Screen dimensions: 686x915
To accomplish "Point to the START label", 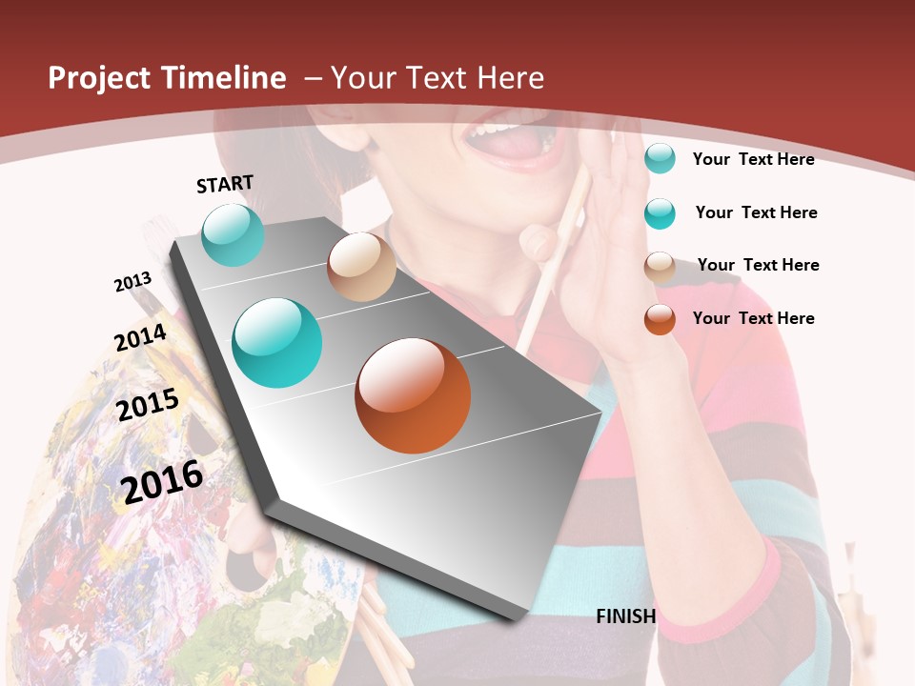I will tap(225, 184).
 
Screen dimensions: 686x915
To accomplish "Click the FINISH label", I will tap(626, 616).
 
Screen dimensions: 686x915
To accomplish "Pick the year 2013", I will tap(132, 282).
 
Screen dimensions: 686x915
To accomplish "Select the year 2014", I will tap(141, 337).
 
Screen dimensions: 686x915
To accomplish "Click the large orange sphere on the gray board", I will tap(413, 395).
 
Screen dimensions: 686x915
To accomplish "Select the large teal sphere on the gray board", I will tap(277, 343).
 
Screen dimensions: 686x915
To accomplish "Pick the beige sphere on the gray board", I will tap(361, 267).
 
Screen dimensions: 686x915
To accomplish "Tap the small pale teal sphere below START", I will tap(233, 235).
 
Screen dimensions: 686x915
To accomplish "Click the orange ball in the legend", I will tap(660, 319).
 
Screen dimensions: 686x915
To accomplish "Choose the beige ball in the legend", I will tap(660, 267).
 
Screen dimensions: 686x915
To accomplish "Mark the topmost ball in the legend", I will tap(660, 158).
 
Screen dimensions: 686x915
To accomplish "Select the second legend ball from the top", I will tap(660, 213).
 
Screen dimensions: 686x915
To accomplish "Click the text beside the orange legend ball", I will tap(753, 318).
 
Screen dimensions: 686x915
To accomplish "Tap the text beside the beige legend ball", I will tap(758, 265).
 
